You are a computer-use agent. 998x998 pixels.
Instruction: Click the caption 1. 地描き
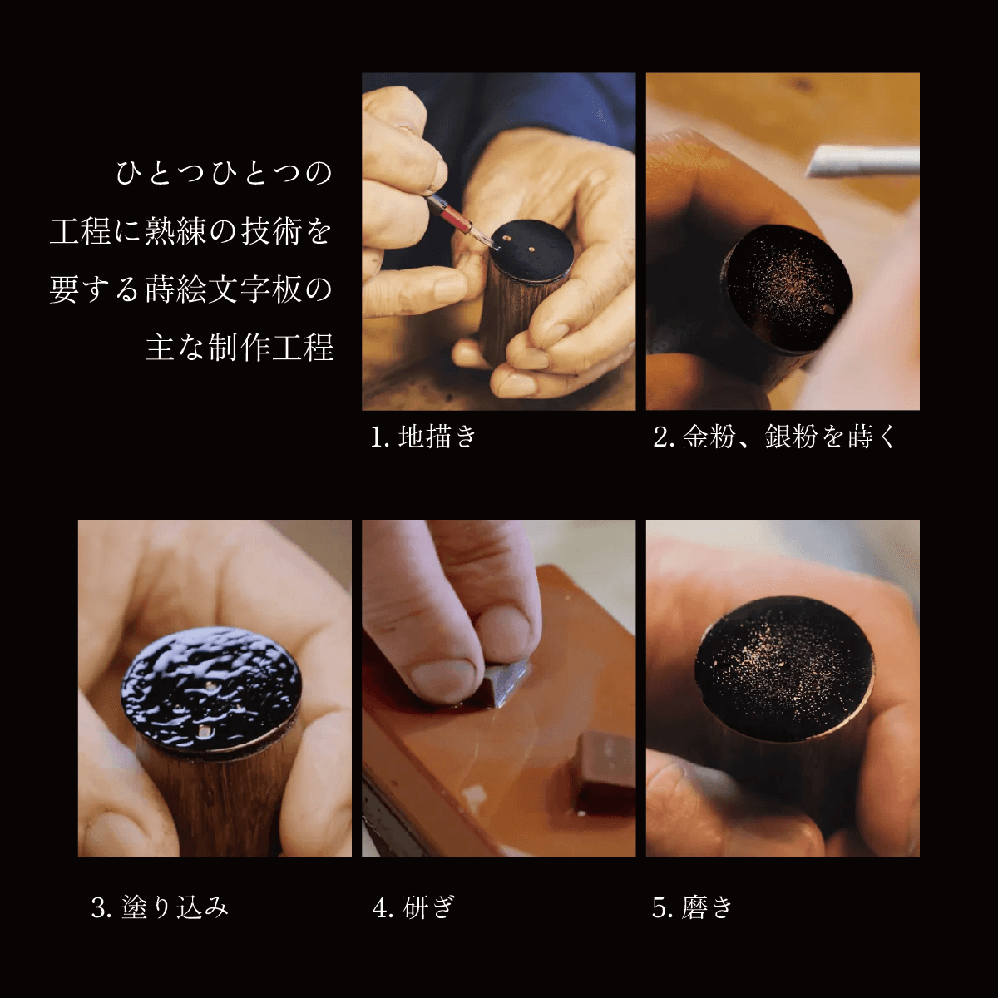pyautogui.click(x=423, y=437)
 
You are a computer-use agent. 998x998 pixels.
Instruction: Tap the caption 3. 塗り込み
pyautogui.click(x=160, y=907)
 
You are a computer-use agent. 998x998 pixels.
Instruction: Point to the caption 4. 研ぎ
pyautogui.click(x=414, y=907)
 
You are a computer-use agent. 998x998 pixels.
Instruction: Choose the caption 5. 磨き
pyautogui.click(x=692, y=907)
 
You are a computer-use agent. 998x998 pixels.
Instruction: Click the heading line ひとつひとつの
pyautogui.click(x=225, y=174)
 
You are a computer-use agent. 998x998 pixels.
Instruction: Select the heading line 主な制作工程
pyautogui.click(x=240, y=348)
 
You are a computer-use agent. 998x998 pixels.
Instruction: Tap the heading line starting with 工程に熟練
pyautogui.click(x=190, y=232)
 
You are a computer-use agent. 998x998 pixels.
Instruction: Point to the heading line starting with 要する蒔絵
pyautogui.click(x=190, y=290)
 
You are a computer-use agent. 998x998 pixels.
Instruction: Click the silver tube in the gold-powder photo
pyautogui.click(x=865, y=161)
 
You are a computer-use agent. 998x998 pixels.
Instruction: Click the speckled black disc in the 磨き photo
pyautogui.click(x=783, y=669)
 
